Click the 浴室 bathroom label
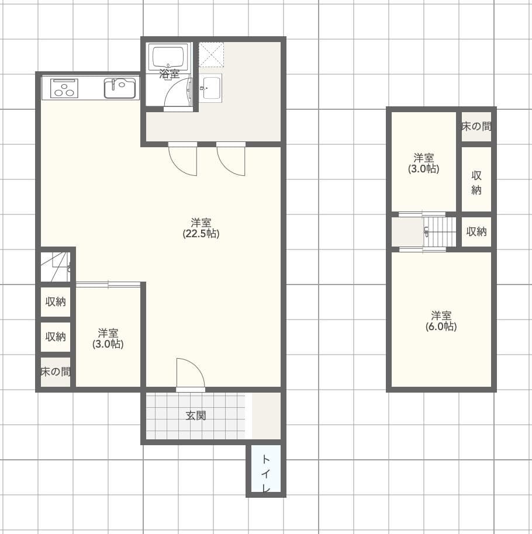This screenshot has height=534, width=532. [x=170, y=74]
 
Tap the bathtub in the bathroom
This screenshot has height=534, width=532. [x=168, y=57]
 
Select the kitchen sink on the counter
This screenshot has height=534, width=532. [x=120, y=88]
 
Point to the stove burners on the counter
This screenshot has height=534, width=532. [x=64, y=88]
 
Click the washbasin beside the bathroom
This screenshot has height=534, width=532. [x=210, y=88]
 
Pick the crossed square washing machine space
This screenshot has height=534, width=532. [x=211, y=54]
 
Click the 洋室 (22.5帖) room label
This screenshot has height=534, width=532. [x=201, y=228]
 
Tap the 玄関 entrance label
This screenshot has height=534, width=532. [x=196, y=416]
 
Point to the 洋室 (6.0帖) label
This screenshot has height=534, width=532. [x=441, y=321]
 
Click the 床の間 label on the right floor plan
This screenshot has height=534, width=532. [x=476, y=126]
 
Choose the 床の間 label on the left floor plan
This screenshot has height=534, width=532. [x=56, y=372]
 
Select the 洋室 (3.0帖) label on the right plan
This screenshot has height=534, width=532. [x=424, y=163]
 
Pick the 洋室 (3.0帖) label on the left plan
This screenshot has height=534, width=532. [x=108, y=338]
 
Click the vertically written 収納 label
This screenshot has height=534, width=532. [x=476, y=182]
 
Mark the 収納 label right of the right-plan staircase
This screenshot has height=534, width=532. [x=476, y=231]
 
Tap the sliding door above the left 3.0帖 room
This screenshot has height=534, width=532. [x=108, y=285]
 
